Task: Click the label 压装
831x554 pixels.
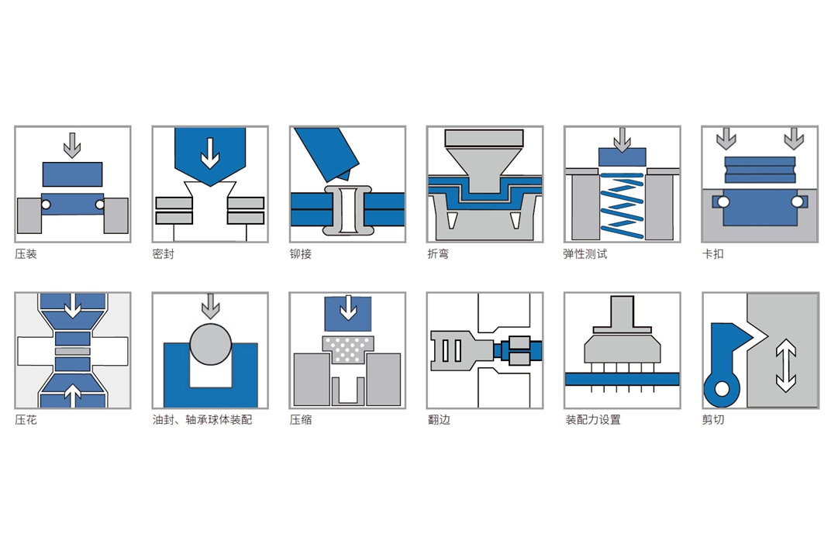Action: pyautogui.click(x=26, y=254)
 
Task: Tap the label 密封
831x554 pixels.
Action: pyautogui.click(x=164, y=254)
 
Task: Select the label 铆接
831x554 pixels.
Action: pyautogui.click(x=301, y=254)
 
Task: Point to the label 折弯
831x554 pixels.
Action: pyautogui.click(x=438, y=254)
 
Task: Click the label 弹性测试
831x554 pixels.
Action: pyautogui.click(x=585, y=254)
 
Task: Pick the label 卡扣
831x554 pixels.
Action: pyautogui.click(x=713, y=254)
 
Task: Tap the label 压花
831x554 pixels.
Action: pyautogui.click(x=26, y=420)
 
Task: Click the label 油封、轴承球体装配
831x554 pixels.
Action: pyautogui.click(x=202, y=420)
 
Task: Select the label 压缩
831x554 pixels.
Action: pyautogui.click(x=301, y=420)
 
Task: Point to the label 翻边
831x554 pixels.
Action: pyautogui.click(x=439, y=420)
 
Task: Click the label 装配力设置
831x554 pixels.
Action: pyautogui.click(x=592, y=420)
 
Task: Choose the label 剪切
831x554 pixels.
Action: pyautogui.click(x=713, y=420)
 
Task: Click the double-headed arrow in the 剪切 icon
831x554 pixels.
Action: pyautogui.click(x=785, y=366)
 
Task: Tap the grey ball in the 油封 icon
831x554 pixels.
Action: pyautogui.click(x=210, y=344)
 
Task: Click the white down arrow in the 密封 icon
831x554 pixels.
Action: pyautogui.click(x=210, y=153)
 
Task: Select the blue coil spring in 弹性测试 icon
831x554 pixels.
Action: pyautogui.click(x=622, y=205)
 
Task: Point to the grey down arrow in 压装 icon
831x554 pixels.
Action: pyautogui.click(x=72, y=146)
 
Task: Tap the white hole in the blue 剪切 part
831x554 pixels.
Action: pyautogui.click(x=722, y=389)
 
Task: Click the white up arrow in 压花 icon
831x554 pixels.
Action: pyautogui.click(x=73, y=396)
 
